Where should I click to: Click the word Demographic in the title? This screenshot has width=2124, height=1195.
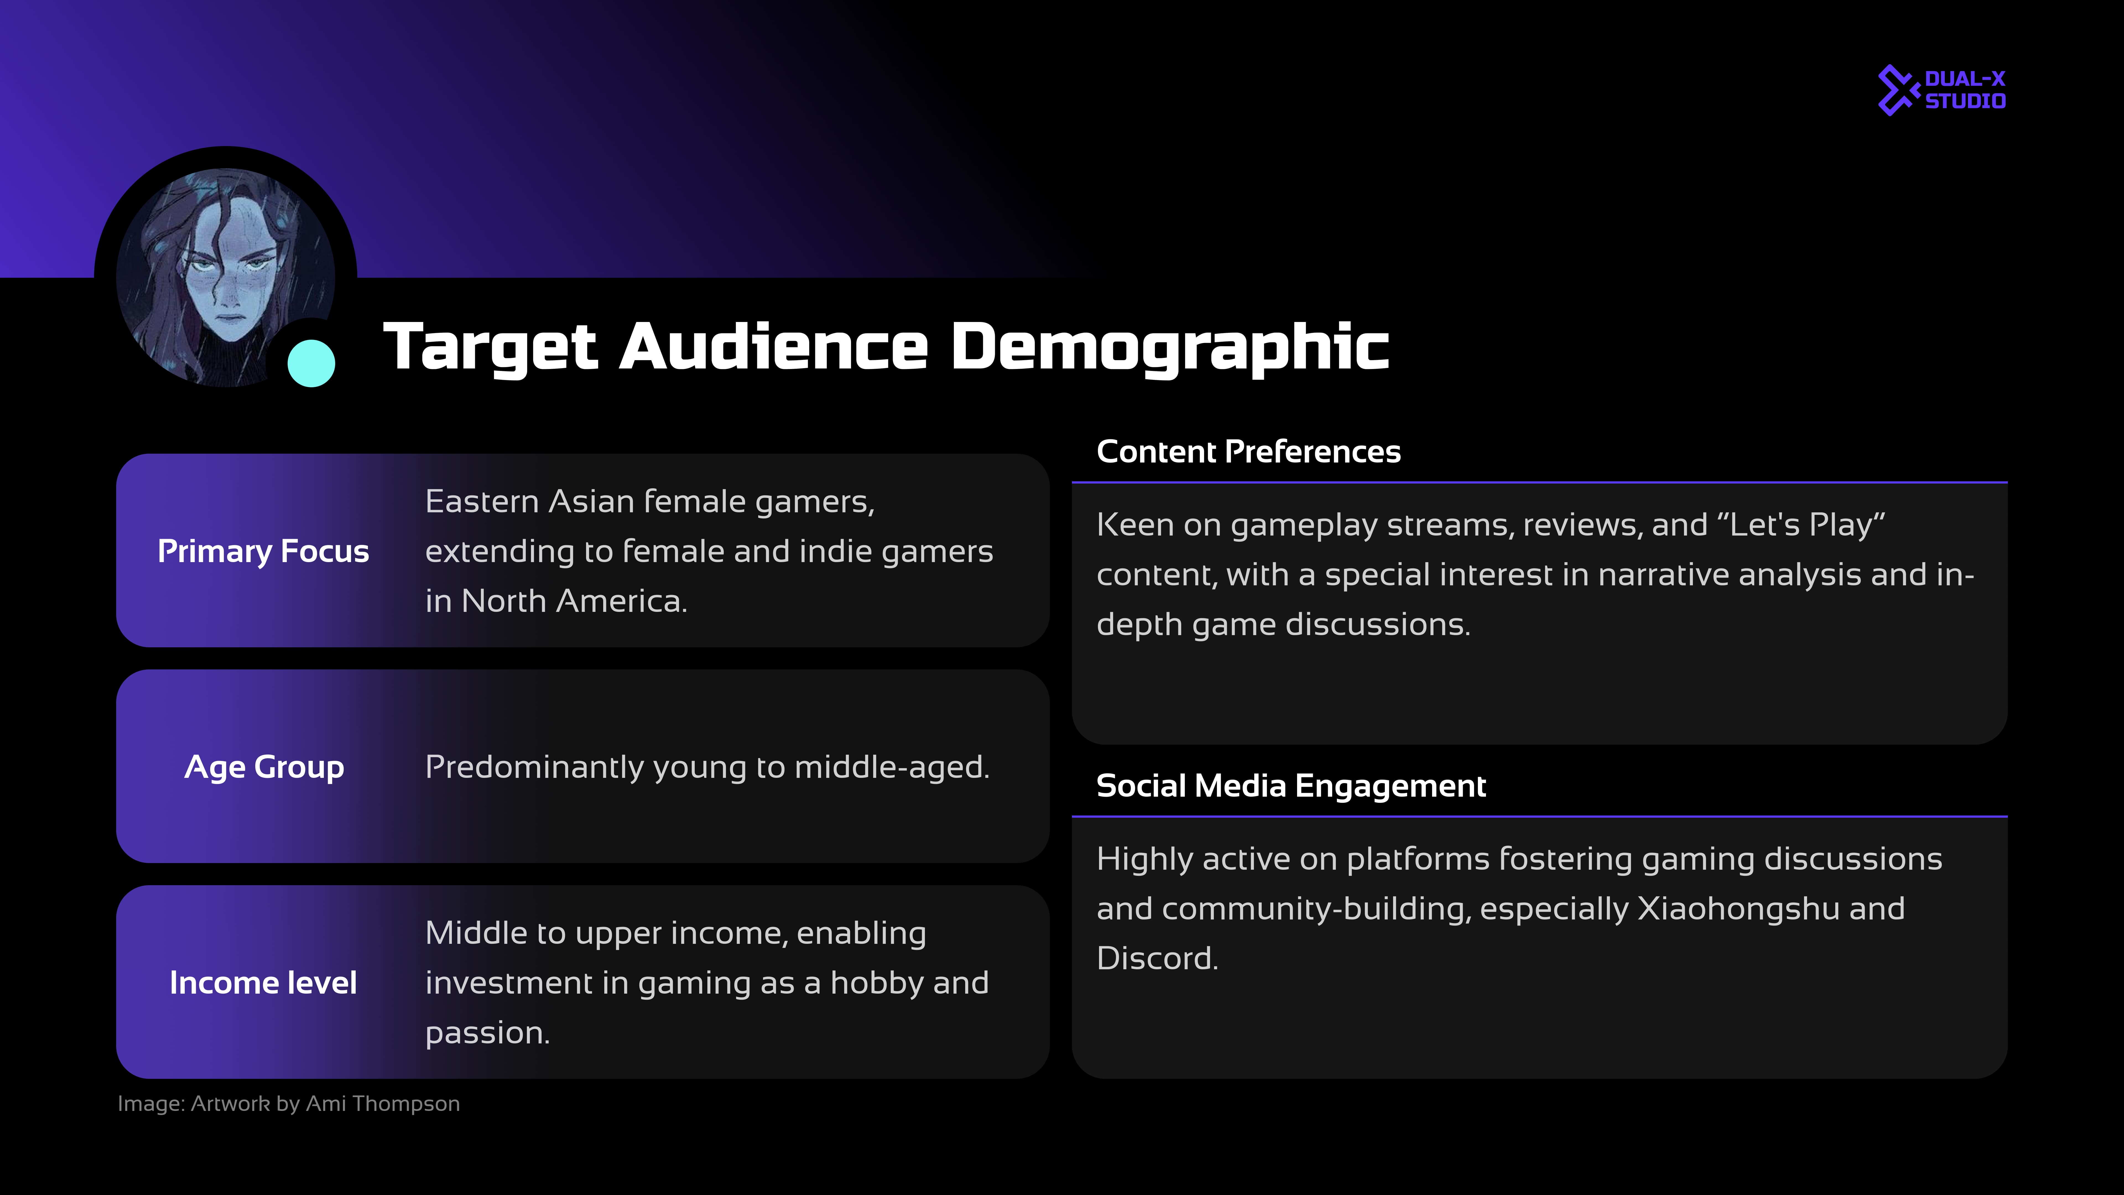pos(1170,347)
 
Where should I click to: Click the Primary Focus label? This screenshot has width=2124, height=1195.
pos(263,551)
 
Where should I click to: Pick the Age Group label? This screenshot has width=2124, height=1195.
pos(264,767)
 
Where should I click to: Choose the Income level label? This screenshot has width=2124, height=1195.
pos(263,982)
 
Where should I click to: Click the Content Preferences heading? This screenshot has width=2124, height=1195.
pos(1248,451)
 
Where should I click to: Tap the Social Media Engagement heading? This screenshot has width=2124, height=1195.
pos(1291,786)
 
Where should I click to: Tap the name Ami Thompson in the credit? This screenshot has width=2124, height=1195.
pos(382,1103)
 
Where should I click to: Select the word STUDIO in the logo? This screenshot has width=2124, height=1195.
pos(1965,101)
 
